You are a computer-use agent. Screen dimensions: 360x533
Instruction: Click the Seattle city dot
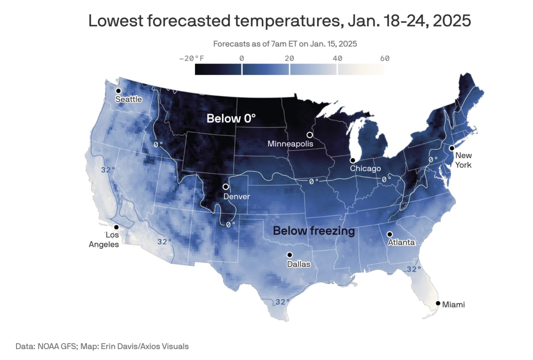[118, 91]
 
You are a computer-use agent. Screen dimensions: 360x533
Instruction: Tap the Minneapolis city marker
[310, 135]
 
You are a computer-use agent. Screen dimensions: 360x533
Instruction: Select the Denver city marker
[226, 187]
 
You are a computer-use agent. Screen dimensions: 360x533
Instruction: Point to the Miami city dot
[438, 303]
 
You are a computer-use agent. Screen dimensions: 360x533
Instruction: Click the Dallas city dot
[289, 255]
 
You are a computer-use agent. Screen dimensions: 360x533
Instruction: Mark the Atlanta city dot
[389, 234]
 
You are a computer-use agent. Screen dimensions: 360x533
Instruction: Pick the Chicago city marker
[352, 160]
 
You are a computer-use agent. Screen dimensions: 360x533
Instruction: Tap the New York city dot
[452, 148]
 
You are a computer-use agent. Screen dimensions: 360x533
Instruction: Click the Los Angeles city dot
[116, 227]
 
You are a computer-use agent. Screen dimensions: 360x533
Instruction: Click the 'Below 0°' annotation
[231, 118]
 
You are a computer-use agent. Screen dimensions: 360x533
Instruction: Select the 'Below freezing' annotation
[314, 231]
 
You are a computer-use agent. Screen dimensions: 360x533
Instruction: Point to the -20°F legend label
[191, 59]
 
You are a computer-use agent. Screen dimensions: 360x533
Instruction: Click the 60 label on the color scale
[385, 59]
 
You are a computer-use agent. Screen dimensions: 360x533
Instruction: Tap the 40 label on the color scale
[337, 59]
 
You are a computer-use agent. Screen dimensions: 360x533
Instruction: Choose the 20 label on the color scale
[289, 59]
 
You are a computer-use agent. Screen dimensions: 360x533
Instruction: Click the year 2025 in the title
[452, 21]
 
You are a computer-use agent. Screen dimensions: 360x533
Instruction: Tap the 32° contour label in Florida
[414, 269]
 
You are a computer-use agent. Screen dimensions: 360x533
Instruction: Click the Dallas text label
[299, 264]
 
